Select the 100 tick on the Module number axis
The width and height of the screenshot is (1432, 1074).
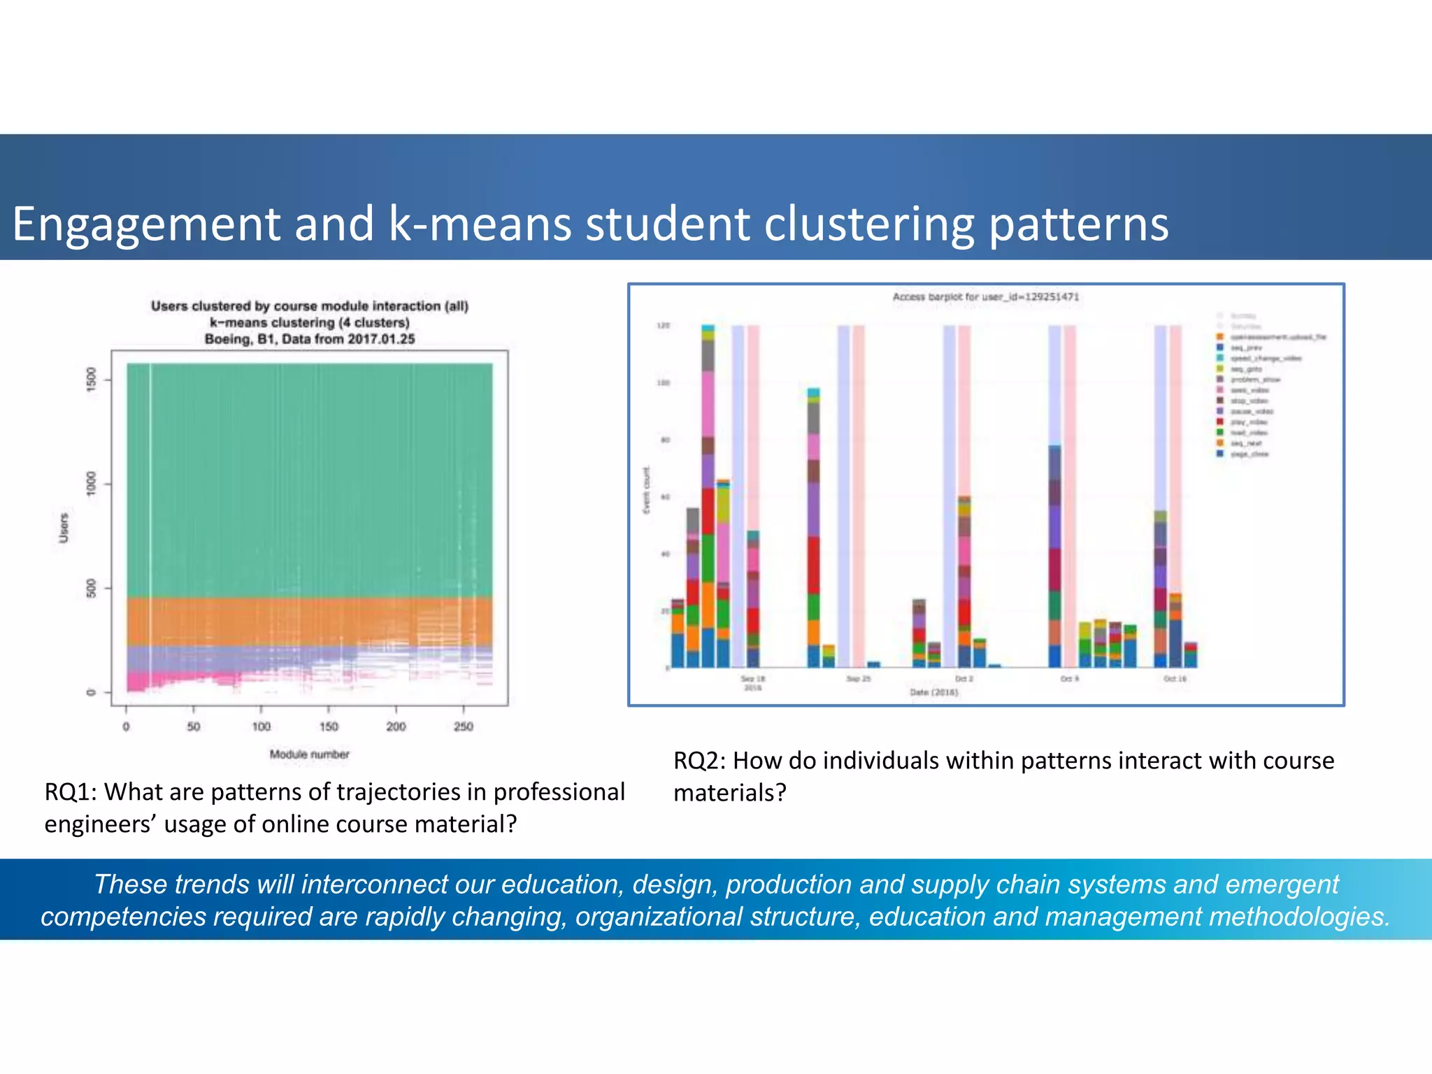click(x=261, y=726)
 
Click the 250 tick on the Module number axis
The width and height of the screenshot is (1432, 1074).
click(x=464, y=726)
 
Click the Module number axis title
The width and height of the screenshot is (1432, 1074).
click(x=309, y=754)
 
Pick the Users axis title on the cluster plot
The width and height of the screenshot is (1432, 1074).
click(x=64, y=528)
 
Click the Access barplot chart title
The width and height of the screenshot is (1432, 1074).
click(x=985, y=297)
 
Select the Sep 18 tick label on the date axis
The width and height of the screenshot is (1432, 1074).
click(x=753, y=679)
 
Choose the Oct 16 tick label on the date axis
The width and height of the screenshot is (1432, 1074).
click(x=1175, y=679)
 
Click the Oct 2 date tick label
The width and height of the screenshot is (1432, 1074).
click(x=964, y=679)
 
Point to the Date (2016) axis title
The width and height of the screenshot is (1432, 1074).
click(x=933, y=692)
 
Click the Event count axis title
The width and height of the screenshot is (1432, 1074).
click(x=647, y=489)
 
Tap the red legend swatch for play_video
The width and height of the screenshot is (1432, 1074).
click(x=1219, y=422)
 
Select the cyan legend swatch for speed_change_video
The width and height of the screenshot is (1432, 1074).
click(x=1219, y=358)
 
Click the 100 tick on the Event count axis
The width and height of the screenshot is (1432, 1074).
click(x=662, y=383)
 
